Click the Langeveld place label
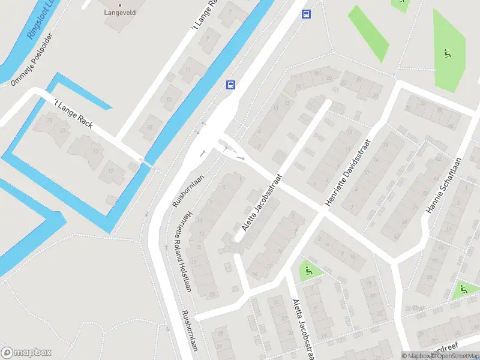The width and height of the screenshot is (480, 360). click(x=120, y=12)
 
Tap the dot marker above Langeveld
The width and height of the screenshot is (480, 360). click(x=120, y=5)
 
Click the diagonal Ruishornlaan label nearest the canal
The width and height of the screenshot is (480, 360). click(x=188, y=188)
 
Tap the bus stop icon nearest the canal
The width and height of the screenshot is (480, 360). click(x=230, y=85)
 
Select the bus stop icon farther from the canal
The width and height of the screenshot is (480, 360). click(x=306, y=14)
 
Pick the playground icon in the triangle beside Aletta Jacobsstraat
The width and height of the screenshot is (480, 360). click(x=309, y=271)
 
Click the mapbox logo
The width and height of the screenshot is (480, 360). click(x=26, y=353)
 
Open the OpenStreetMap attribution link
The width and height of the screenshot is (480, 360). click(x=454, y=356)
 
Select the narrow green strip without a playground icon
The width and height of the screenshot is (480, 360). click(x=368, y=33)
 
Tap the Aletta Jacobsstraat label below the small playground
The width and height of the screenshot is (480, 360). click(x=302, y=330)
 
